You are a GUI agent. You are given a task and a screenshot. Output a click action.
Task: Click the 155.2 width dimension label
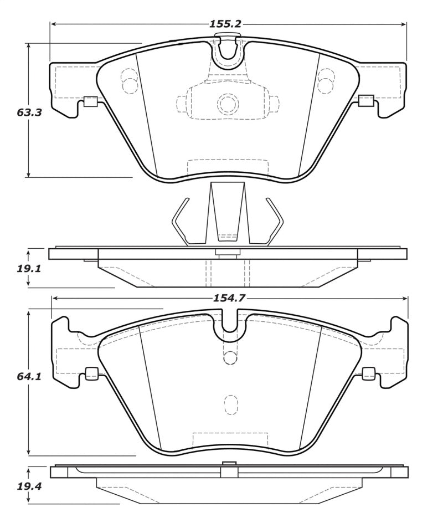[225, 24]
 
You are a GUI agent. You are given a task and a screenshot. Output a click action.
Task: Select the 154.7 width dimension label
[229, 298]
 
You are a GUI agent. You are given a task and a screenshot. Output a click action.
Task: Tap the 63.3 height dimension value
[29, 112]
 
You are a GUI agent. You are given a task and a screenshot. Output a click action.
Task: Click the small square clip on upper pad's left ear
[90, 101]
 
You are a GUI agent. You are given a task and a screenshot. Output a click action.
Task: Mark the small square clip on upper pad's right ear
[366, 101]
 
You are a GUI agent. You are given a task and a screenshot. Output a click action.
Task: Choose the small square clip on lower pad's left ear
[92, 374]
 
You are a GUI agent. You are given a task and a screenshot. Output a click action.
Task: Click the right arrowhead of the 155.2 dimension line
[404, 24]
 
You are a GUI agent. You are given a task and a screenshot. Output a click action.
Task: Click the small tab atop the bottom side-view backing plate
[229, 464]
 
